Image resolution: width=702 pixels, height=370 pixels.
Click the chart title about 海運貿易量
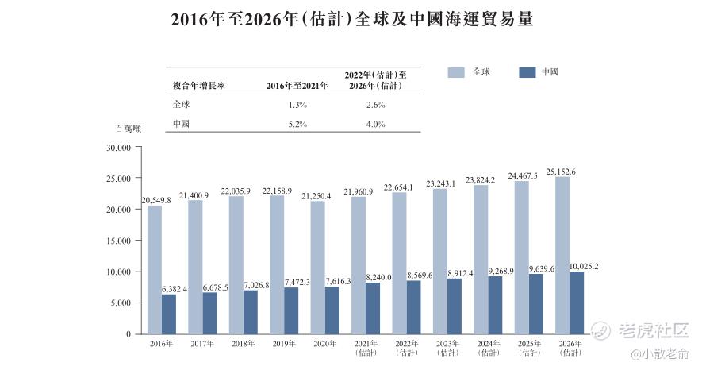[351, 21]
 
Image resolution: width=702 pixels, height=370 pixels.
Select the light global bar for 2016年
[155, 270]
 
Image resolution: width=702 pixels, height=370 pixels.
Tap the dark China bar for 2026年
[577, 303]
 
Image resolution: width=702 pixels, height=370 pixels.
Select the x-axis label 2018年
[244, 345]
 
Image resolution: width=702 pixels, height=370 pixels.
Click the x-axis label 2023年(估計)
[447, 348]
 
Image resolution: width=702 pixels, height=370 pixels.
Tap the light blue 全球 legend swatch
[456, 72]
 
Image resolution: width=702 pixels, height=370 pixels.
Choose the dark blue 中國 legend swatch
[527, 72]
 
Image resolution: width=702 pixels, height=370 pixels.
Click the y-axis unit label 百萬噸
[128, 128]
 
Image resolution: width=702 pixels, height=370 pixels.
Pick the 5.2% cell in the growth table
[296, 123]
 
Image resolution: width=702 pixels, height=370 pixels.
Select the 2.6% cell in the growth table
[375, 104]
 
